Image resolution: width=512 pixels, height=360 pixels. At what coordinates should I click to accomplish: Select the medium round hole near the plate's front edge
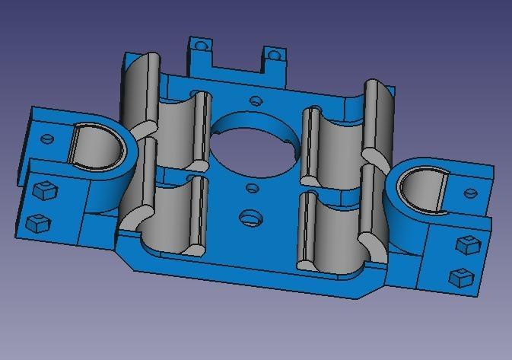pos(249,218)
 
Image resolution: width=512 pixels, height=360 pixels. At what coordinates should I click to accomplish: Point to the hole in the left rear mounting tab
pos(201,46)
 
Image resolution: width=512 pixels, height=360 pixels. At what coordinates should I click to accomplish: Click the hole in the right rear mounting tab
pos(272,56)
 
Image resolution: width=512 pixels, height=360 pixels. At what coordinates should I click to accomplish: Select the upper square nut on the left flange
pos(44,191)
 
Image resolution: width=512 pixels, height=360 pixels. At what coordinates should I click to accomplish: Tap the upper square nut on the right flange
pos(466,245)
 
